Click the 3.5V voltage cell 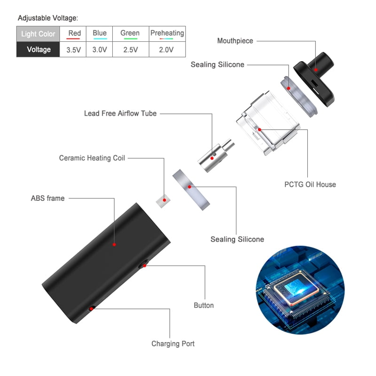coord(73,49)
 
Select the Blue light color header coord(100,33)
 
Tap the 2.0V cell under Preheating coord(166,49)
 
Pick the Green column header coord(130,33)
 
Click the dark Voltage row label coord(39,49)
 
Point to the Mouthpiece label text coord(235,41)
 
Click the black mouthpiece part coord(316,75)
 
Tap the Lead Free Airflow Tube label coord(120,113)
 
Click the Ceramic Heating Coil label coord(92,158)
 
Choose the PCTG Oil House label coord(310,184)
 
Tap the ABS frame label coord(48,198)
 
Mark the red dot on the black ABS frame coord(114,244)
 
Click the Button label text coord(204,305)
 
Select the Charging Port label coord(173,344)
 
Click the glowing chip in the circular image coord(290,294)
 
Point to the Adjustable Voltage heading coord(48,18)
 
